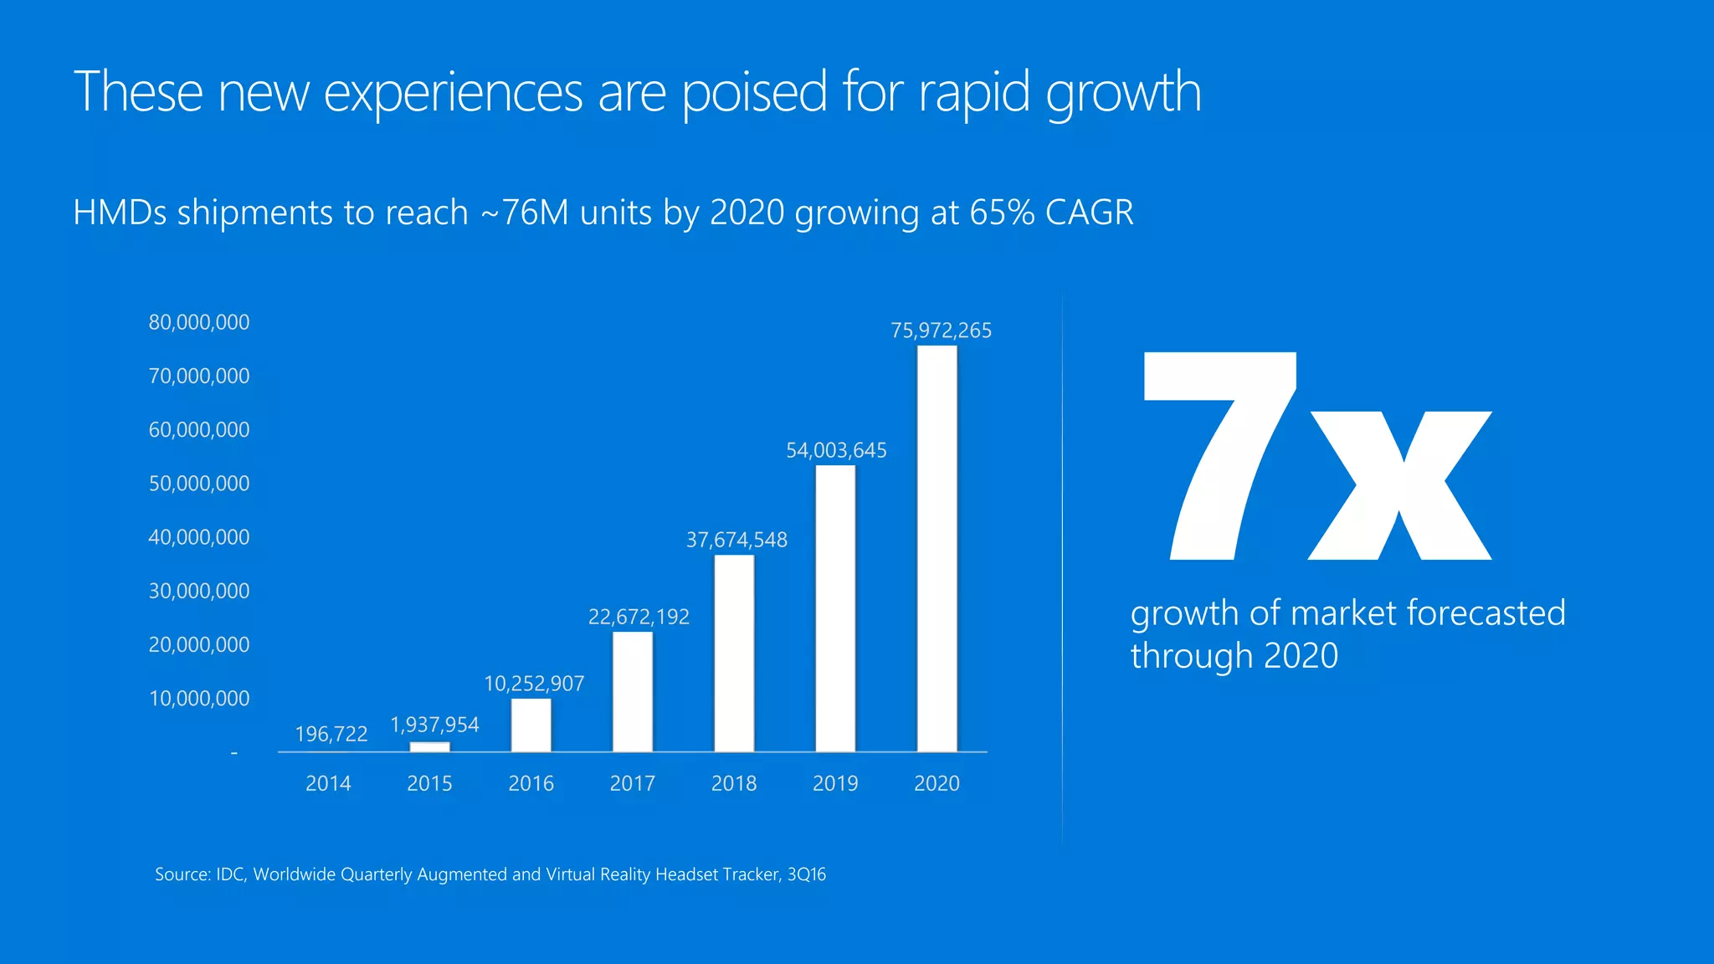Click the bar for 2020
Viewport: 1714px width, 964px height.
pyautogui.click(x=937, y=548)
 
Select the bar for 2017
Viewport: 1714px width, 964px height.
pyautogui.click(x=633, y=691)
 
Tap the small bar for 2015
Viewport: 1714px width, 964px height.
pyautogui.click(x=429, y=746)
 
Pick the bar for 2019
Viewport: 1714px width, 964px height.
pyautogui.click(x=835, y=608)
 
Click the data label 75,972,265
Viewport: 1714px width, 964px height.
pyautogui.click(x=941, y=331)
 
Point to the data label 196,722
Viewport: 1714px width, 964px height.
pyautogui.click(x=331, y=734)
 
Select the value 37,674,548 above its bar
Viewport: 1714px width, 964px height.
pyautogui.click(x=736, y=540)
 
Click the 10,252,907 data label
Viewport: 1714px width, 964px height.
pyautogui.click(x=534, y=684)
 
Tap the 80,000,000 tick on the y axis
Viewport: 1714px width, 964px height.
pyautogui.click(x=199, y=322)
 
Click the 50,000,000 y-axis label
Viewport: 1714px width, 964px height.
pyautogui.click(x=199, y=484)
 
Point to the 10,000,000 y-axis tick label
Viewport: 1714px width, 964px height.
pyautogui.click(x=199, y=699)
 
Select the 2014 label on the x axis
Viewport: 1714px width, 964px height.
pyautogui.click(x=328, y=783)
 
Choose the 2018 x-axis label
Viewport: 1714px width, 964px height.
pyautogui.click(x=734, y=783)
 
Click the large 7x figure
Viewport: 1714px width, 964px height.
pyautogui.click(x=1316, y=457)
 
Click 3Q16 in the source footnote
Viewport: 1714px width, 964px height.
pyautogui.click(x=807, y=874)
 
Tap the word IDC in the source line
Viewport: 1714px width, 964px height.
pyautogui.click(x=230, y=874)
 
